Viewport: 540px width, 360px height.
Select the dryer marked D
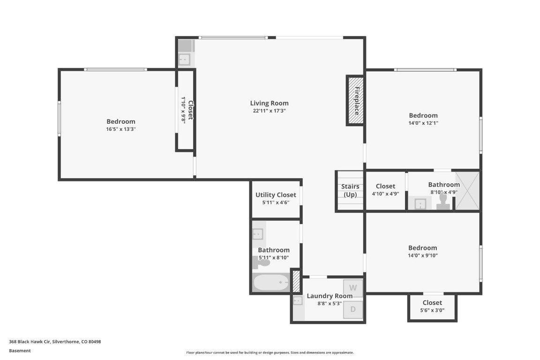353,309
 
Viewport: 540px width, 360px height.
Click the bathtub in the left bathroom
271,282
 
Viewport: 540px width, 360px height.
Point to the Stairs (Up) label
350,190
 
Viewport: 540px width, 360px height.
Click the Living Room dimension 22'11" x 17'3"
269,111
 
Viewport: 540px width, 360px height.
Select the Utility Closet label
276,195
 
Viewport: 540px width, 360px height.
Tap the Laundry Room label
330,296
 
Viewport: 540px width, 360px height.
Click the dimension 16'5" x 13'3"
120,129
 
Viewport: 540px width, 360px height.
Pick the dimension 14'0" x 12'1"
423,123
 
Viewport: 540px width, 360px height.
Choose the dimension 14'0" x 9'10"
422,255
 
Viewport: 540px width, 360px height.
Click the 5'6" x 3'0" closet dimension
432,310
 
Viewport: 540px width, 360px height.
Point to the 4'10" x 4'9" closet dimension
385,194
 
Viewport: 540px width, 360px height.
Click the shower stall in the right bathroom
467,190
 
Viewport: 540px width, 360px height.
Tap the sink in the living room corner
184,60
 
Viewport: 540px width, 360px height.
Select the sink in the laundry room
298,300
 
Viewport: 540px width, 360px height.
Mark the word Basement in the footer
20,351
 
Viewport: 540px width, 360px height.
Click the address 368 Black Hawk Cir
55,342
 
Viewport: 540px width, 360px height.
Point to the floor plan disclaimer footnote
270,352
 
